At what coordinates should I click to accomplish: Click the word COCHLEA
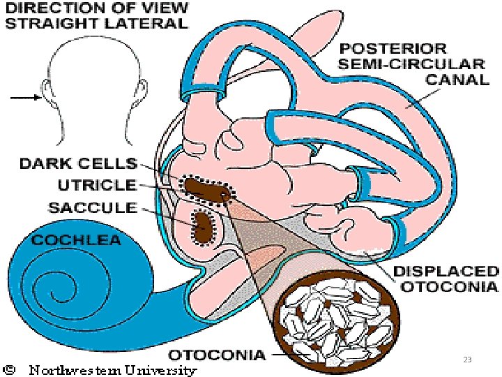pyautogui.click(x=77, y=240)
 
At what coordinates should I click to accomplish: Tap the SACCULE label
pyautogui.click(x=93, y=208)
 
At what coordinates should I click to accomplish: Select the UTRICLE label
pyautogui.click(x=97, y=185)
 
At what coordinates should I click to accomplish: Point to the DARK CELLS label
pyautogui.click(x=79, y=163)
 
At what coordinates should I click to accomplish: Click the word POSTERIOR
pyautogui.click(x=393, y=49)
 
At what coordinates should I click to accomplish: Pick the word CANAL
pyautogui.click(x=457, y=80)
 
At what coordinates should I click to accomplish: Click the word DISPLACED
pyautogui.click(x=446, y=272)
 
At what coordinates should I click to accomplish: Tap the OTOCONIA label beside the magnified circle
pyautogui.click(x=217, y=355)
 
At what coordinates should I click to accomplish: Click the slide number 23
pyautogui.click(x=467, y=360)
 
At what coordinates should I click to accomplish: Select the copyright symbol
pyautogui.click(x=10, y=370)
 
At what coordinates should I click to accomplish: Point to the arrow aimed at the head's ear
pyautogui.click(x=26, y=98)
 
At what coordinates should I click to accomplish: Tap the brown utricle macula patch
pyautogui.click(x=206, y=191)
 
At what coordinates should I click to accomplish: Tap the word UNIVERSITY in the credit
pyautogui.click(x=160, y=371)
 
